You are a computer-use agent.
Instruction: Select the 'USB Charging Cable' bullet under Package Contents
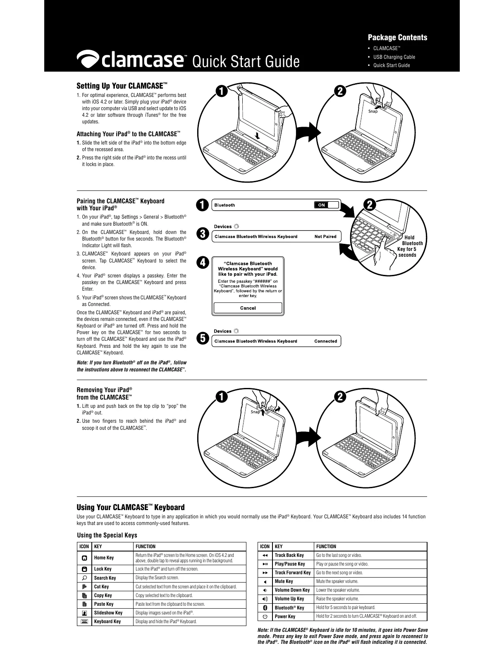pos(394,57)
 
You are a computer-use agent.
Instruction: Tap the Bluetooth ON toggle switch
pos(326,205)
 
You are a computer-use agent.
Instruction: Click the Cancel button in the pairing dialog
pos(248,308)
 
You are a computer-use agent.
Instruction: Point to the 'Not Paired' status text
pos(325,237)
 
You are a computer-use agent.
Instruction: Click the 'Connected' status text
pos(325,341)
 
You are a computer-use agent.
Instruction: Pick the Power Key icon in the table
pos(265,616)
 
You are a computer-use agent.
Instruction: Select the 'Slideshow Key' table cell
pos(108,613)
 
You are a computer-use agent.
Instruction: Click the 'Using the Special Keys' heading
pos(107,535)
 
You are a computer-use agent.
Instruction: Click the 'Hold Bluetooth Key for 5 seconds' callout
pos(409,246)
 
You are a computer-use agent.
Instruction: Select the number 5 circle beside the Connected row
pos(202,338)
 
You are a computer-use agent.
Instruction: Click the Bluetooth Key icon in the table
pos(265,607)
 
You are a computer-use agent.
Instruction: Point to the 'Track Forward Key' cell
pos(292,573)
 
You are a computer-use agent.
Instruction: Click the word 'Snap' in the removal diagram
pos(255,412)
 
